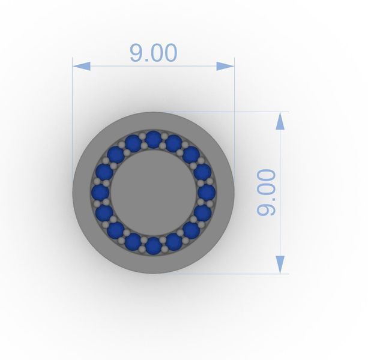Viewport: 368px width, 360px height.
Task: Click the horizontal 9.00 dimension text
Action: pos(153,53)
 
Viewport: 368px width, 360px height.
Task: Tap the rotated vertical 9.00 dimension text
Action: pos(266,193)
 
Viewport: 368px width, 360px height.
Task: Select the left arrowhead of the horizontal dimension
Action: pos(82,66)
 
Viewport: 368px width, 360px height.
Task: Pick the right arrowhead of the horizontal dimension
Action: pos(225,66)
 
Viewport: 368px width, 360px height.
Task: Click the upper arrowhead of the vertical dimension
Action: pos(280,121)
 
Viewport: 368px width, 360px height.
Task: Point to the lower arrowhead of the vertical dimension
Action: pos(280,265)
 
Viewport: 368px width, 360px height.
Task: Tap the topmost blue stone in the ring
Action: pos(154,139)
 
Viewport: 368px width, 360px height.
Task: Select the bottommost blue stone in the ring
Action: pos(154,246)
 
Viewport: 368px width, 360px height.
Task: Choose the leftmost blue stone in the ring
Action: pos(100,193)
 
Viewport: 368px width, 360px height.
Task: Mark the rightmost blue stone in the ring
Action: pos(207,193)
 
